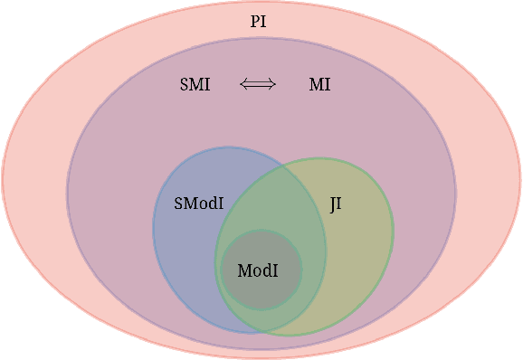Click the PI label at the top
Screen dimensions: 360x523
[x=259, y=21]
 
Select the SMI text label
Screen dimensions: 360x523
[x=195, y=85]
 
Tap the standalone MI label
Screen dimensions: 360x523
[x=319, y=85]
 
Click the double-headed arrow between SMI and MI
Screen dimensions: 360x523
[x=257, y=85]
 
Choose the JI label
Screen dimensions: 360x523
[x=336, y=204]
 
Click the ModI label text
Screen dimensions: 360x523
[x=258, y=270]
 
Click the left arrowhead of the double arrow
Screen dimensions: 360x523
[x=242, y=85]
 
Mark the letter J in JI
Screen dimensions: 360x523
[x=332, y=205]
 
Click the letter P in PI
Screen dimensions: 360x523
[x=255, y=21]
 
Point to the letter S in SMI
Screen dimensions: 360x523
[x=185, y=85]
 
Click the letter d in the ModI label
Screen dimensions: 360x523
[x=267, y=270]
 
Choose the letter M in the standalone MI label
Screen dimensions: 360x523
[x=316, y=85]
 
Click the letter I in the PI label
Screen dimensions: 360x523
[x=264, y=21]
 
